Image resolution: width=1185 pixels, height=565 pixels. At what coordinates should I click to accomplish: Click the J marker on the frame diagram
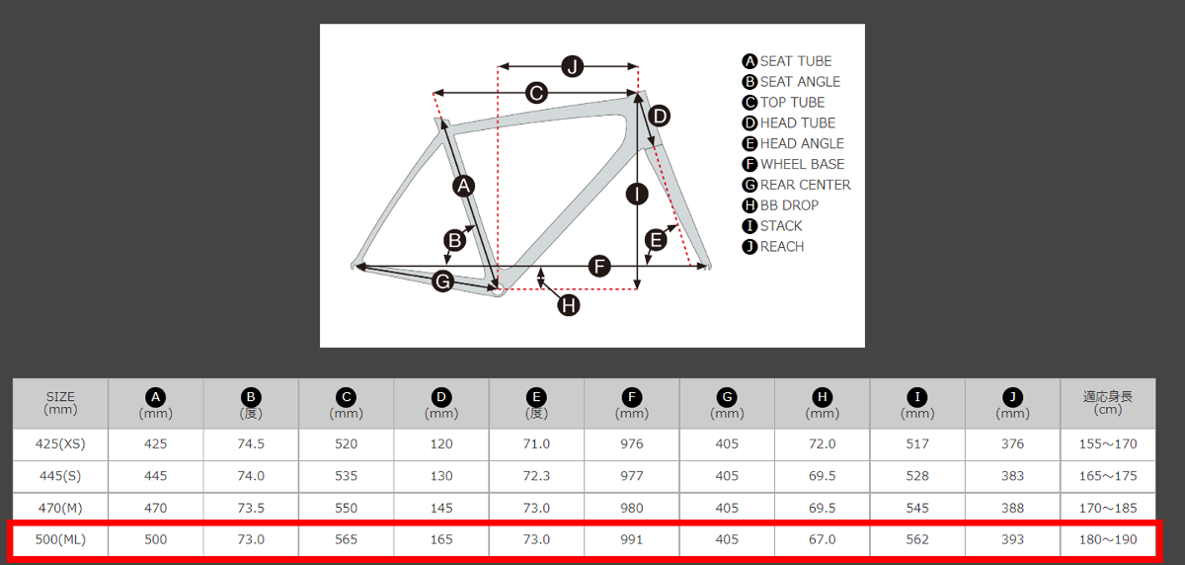[x=572, y=66]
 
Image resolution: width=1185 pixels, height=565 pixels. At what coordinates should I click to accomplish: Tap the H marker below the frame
[x=569, y=305]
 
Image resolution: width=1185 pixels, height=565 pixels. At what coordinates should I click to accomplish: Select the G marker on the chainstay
[x=442, y=281]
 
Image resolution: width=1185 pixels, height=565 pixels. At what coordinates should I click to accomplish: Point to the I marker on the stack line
[x=637, y=195]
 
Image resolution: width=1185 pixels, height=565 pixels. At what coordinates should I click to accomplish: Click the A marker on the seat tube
[x=464, y=186]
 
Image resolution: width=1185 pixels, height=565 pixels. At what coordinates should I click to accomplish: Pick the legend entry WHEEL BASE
[x=793, y=164]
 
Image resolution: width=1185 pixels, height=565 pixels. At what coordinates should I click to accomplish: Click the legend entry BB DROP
[x=780, y=205]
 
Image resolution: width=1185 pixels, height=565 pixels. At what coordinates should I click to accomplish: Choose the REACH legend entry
[x=773, y=247]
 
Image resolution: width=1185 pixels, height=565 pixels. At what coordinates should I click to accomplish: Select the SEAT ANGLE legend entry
[x=791, y=82]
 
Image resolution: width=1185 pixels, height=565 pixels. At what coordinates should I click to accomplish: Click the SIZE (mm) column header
[x=60, y=403]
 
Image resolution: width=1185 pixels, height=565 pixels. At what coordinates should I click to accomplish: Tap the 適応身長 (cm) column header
[x=1108, y=403]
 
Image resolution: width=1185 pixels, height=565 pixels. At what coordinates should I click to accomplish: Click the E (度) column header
[x=536, y=404]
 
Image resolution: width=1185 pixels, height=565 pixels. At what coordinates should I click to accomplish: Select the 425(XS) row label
[x=60, y=444]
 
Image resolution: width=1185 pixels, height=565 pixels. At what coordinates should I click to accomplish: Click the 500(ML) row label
[x=60, y=539]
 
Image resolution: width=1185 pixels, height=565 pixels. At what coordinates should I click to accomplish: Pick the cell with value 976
[x=632, y=444]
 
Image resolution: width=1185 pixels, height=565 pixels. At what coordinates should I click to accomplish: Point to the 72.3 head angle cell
[x=536, y=476]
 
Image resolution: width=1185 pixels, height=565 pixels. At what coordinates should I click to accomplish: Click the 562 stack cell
[x=917, y=539]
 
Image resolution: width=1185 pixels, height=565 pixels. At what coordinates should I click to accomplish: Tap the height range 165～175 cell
[x=1108, y=476]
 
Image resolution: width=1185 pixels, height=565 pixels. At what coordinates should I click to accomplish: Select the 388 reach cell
[x=1012, y=508]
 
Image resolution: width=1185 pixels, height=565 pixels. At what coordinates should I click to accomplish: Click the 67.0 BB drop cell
[x=822, y=539]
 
